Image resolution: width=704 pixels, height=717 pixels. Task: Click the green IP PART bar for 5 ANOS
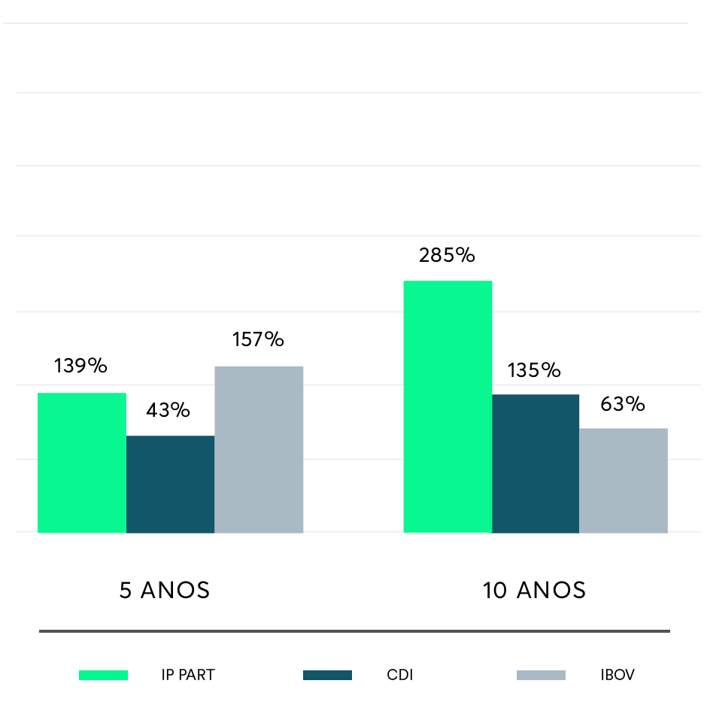pos(82,463)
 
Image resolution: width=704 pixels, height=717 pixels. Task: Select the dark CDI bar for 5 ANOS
pos(170,484)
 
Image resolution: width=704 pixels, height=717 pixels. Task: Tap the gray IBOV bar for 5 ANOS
pos(259,449)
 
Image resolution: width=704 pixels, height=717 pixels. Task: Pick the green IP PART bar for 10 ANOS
pos(448,406)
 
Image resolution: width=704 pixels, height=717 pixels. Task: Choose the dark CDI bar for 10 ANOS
pos(536,463)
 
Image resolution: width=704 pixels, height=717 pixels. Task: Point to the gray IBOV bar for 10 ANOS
pos(624,480)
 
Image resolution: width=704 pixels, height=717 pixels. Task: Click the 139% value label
pos(80,366)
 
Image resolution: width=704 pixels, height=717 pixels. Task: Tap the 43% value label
pos(168,410)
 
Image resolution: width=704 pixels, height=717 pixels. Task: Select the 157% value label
pos(258,339)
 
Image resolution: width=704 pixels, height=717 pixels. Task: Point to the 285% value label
pos(447,256)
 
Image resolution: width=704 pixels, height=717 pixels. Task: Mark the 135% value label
pos(534,370)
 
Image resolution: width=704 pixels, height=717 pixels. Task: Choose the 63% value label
pos(623,404)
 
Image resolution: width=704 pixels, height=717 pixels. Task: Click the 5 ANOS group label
pos(165,591)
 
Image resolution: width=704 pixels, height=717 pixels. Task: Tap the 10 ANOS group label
pos(534,591)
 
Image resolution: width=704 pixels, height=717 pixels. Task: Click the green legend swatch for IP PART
pos(103,675)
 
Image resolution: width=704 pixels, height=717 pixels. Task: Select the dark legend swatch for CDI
pos(327,675)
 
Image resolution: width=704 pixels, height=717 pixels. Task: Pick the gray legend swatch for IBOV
pos(541,675)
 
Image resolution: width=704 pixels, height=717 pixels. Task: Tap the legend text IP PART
pos(188,675)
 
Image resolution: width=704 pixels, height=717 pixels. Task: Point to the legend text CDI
pos(400,675)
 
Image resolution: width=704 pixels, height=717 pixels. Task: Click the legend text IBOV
pos(618,675)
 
